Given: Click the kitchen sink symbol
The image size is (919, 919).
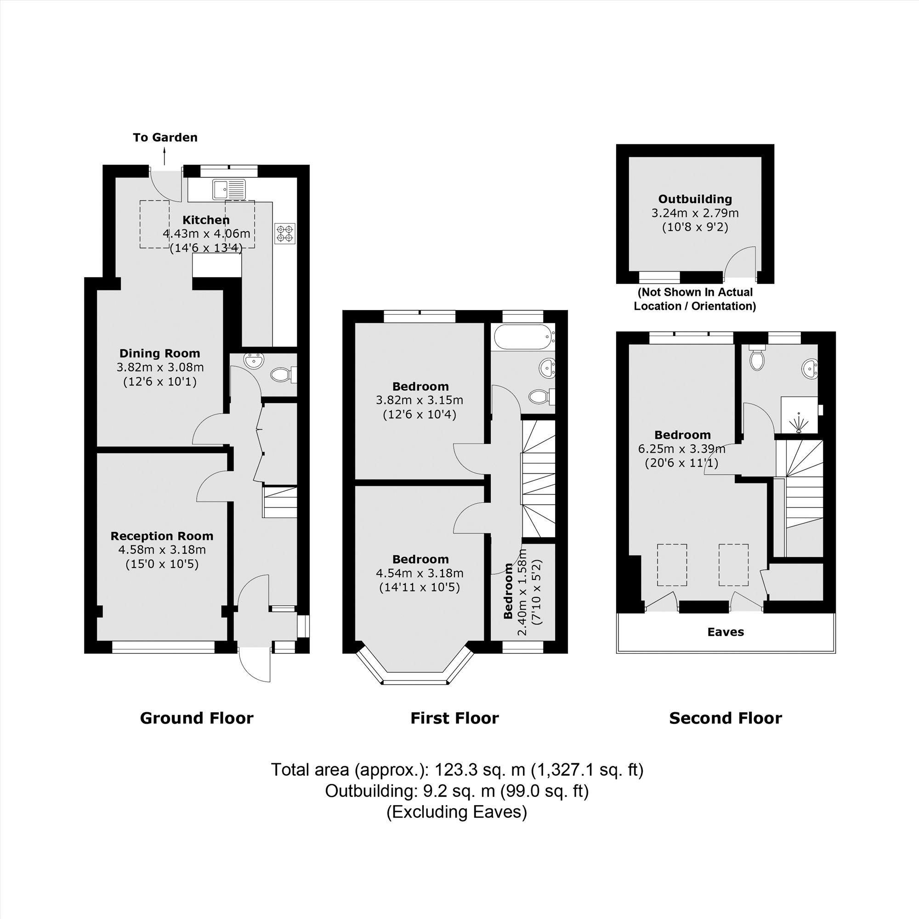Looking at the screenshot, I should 229,189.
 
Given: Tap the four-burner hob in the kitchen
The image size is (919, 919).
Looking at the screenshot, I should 285,233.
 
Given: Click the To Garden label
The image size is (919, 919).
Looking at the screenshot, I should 165,137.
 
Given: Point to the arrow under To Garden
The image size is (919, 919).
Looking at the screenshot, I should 165,156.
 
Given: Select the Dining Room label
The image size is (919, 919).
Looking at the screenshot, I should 159,353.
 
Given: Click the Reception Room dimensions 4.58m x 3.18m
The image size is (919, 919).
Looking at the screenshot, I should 162,550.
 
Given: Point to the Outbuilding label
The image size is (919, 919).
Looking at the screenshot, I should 695,199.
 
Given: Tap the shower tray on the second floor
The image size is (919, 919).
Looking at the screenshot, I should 799,415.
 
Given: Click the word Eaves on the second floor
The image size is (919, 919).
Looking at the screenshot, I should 726,632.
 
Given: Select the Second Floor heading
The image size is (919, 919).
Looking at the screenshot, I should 726,718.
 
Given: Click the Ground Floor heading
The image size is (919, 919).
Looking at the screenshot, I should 197,718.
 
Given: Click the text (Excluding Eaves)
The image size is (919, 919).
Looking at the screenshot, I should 457,812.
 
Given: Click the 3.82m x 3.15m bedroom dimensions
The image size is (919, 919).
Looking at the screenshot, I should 419,400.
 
